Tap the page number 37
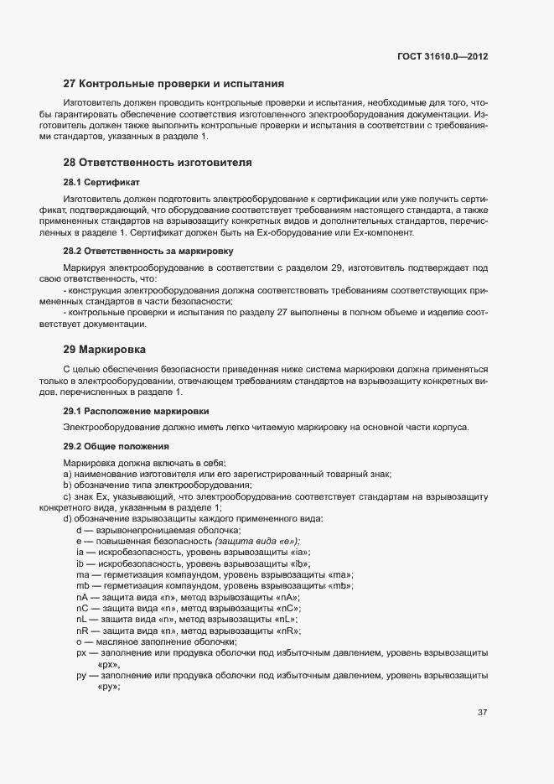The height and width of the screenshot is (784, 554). pos(483,713)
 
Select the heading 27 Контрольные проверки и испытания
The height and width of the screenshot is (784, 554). pos(174,84)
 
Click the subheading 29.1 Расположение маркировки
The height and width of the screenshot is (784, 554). pos(137,412)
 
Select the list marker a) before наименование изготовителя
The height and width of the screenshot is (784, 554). pos(67,475)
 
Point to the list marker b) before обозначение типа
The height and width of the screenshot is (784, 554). pos(67,485)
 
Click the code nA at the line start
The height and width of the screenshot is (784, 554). pos(82,596)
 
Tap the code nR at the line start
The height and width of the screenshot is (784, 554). pos(82,630)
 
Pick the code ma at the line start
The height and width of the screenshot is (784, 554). pos(82,574)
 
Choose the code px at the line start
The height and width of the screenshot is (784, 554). pos(81,652)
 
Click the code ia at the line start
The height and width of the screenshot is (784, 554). pos(80,552)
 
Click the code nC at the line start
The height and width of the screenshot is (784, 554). pos(82,607)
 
